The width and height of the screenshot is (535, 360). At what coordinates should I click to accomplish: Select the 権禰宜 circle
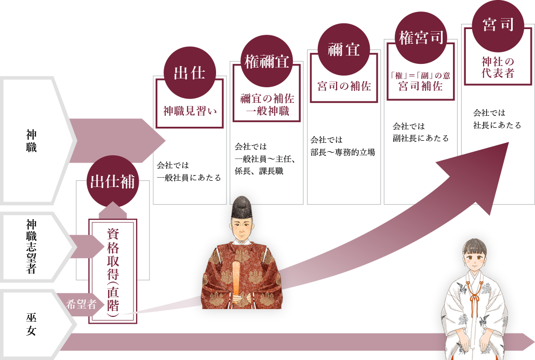[x=267, y=62]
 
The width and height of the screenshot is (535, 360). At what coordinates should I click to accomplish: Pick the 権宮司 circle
[x=421, y=37]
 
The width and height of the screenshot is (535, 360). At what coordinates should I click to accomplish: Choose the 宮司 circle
[x=498, y=25]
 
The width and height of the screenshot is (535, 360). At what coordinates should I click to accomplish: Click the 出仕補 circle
[x=113, y=181]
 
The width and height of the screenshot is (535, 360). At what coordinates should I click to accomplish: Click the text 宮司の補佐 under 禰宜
[x=344, y=86]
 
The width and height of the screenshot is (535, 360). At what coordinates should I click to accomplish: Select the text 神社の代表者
[x=498, y=68]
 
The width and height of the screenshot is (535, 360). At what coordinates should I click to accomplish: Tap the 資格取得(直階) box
[x=113, y=271]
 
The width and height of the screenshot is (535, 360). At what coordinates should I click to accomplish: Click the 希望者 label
[x=82, y=305]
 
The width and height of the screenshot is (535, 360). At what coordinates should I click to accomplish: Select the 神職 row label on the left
[x=31, y=141]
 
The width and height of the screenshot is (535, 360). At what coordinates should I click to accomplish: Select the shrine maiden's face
[x=474, y=257]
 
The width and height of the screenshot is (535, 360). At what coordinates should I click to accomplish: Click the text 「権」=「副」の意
[x=421, y=76]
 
